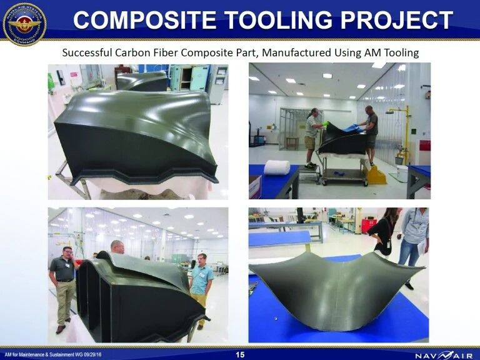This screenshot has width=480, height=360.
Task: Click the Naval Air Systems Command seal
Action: (24, 24)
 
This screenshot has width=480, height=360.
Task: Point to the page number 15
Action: (240, 354)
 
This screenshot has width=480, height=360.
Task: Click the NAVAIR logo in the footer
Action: (441, 354)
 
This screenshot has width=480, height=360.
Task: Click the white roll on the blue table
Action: (276, 167)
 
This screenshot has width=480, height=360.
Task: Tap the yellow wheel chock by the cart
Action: (375, 175)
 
